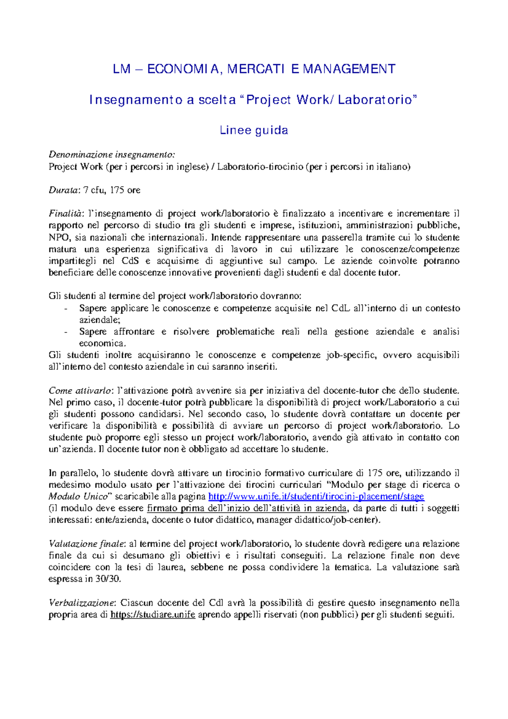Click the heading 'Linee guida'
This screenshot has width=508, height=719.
pos(254,130)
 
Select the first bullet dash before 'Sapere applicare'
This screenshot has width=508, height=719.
pos(66,309)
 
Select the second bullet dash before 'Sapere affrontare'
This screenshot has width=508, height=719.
pos(66,332)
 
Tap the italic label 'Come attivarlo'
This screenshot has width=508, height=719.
pos(80,390)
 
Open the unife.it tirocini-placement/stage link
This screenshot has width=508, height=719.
pos(316,496)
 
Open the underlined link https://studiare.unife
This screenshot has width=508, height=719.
pos(152,615)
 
